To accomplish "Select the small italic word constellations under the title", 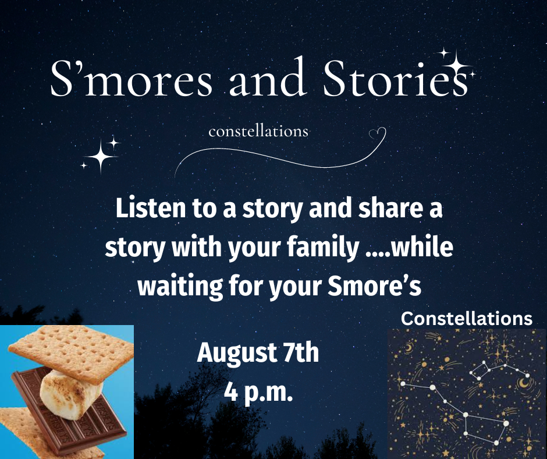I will point(258,132).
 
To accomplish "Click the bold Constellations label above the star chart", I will point(467,319).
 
